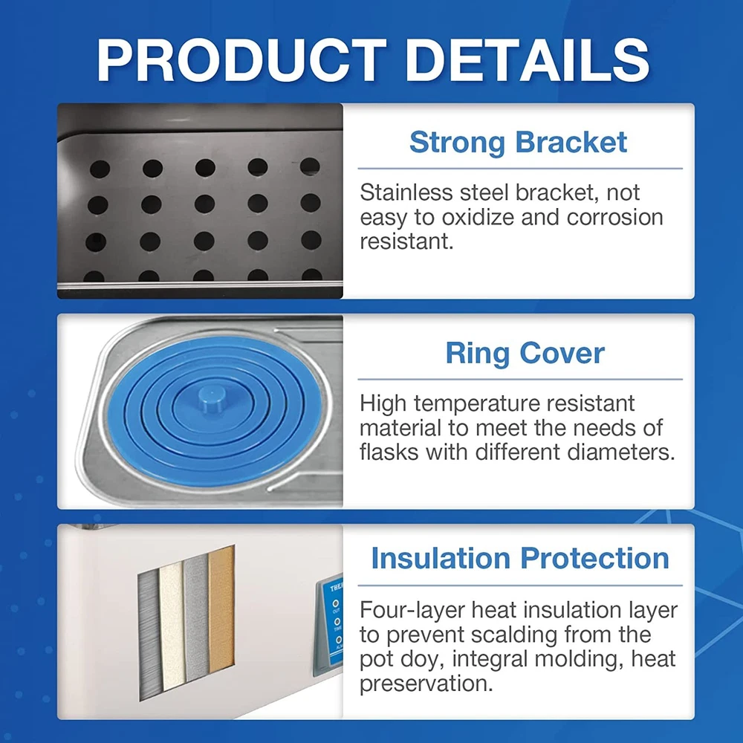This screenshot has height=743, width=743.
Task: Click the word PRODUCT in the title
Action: [x=242, y=60]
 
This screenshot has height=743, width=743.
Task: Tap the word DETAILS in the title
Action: [x=528, y=60]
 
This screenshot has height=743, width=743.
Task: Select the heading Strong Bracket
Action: [x=519, y=142]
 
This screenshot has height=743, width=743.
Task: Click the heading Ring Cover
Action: [x=525, y=353]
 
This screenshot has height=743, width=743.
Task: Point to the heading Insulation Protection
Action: [x=520, y=558]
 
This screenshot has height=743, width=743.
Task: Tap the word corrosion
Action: [x=614, y=217]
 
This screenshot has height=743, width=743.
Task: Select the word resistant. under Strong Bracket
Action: [x=406, y=241]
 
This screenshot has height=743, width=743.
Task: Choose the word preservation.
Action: [x=426, y=684]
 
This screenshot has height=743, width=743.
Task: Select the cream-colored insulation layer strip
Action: [x=173, y=625]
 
